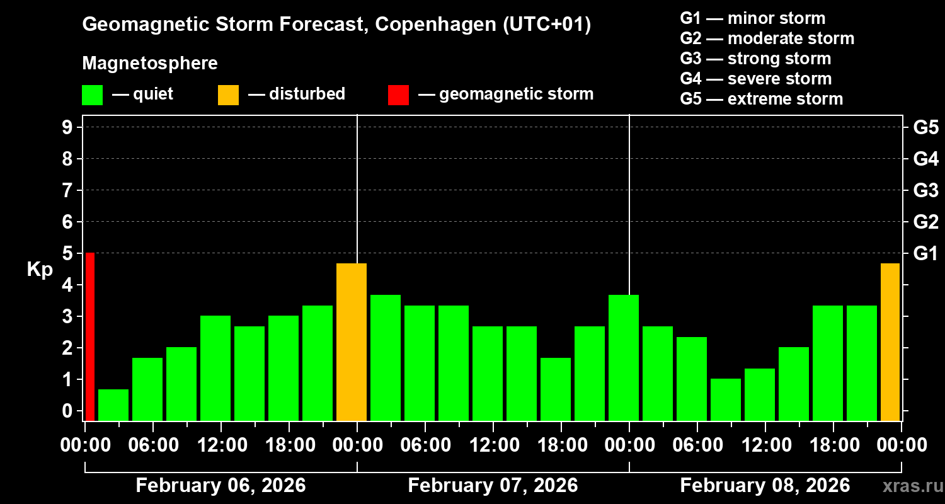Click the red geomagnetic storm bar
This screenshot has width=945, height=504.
(x=89, y=337)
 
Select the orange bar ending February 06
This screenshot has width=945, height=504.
(x=352, y=342)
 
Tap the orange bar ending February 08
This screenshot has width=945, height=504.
(x=890, y=342)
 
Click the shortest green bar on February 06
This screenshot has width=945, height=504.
(x=113, y=405)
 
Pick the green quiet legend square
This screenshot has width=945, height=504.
(x=92, y=94)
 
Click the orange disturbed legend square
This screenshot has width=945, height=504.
(x=228, y=94)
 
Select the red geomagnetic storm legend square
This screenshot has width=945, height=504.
(x=398, y=94)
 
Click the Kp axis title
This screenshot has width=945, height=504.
(x=40, y=270)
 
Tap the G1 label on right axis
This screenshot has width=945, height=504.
(x=925, y=253)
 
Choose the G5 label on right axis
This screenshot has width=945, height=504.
(x=925, y=127)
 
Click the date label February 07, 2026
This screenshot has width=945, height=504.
(x=493, y=486)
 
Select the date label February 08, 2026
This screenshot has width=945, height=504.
(x=765, y=486)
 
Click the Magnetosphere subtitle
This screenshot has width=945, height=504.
(x=150, y=64)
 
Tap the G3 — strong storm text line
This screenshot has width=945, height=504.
(x=755, y=59)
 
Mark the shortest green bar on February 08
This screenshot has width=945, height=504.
(x=726, y=399)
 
